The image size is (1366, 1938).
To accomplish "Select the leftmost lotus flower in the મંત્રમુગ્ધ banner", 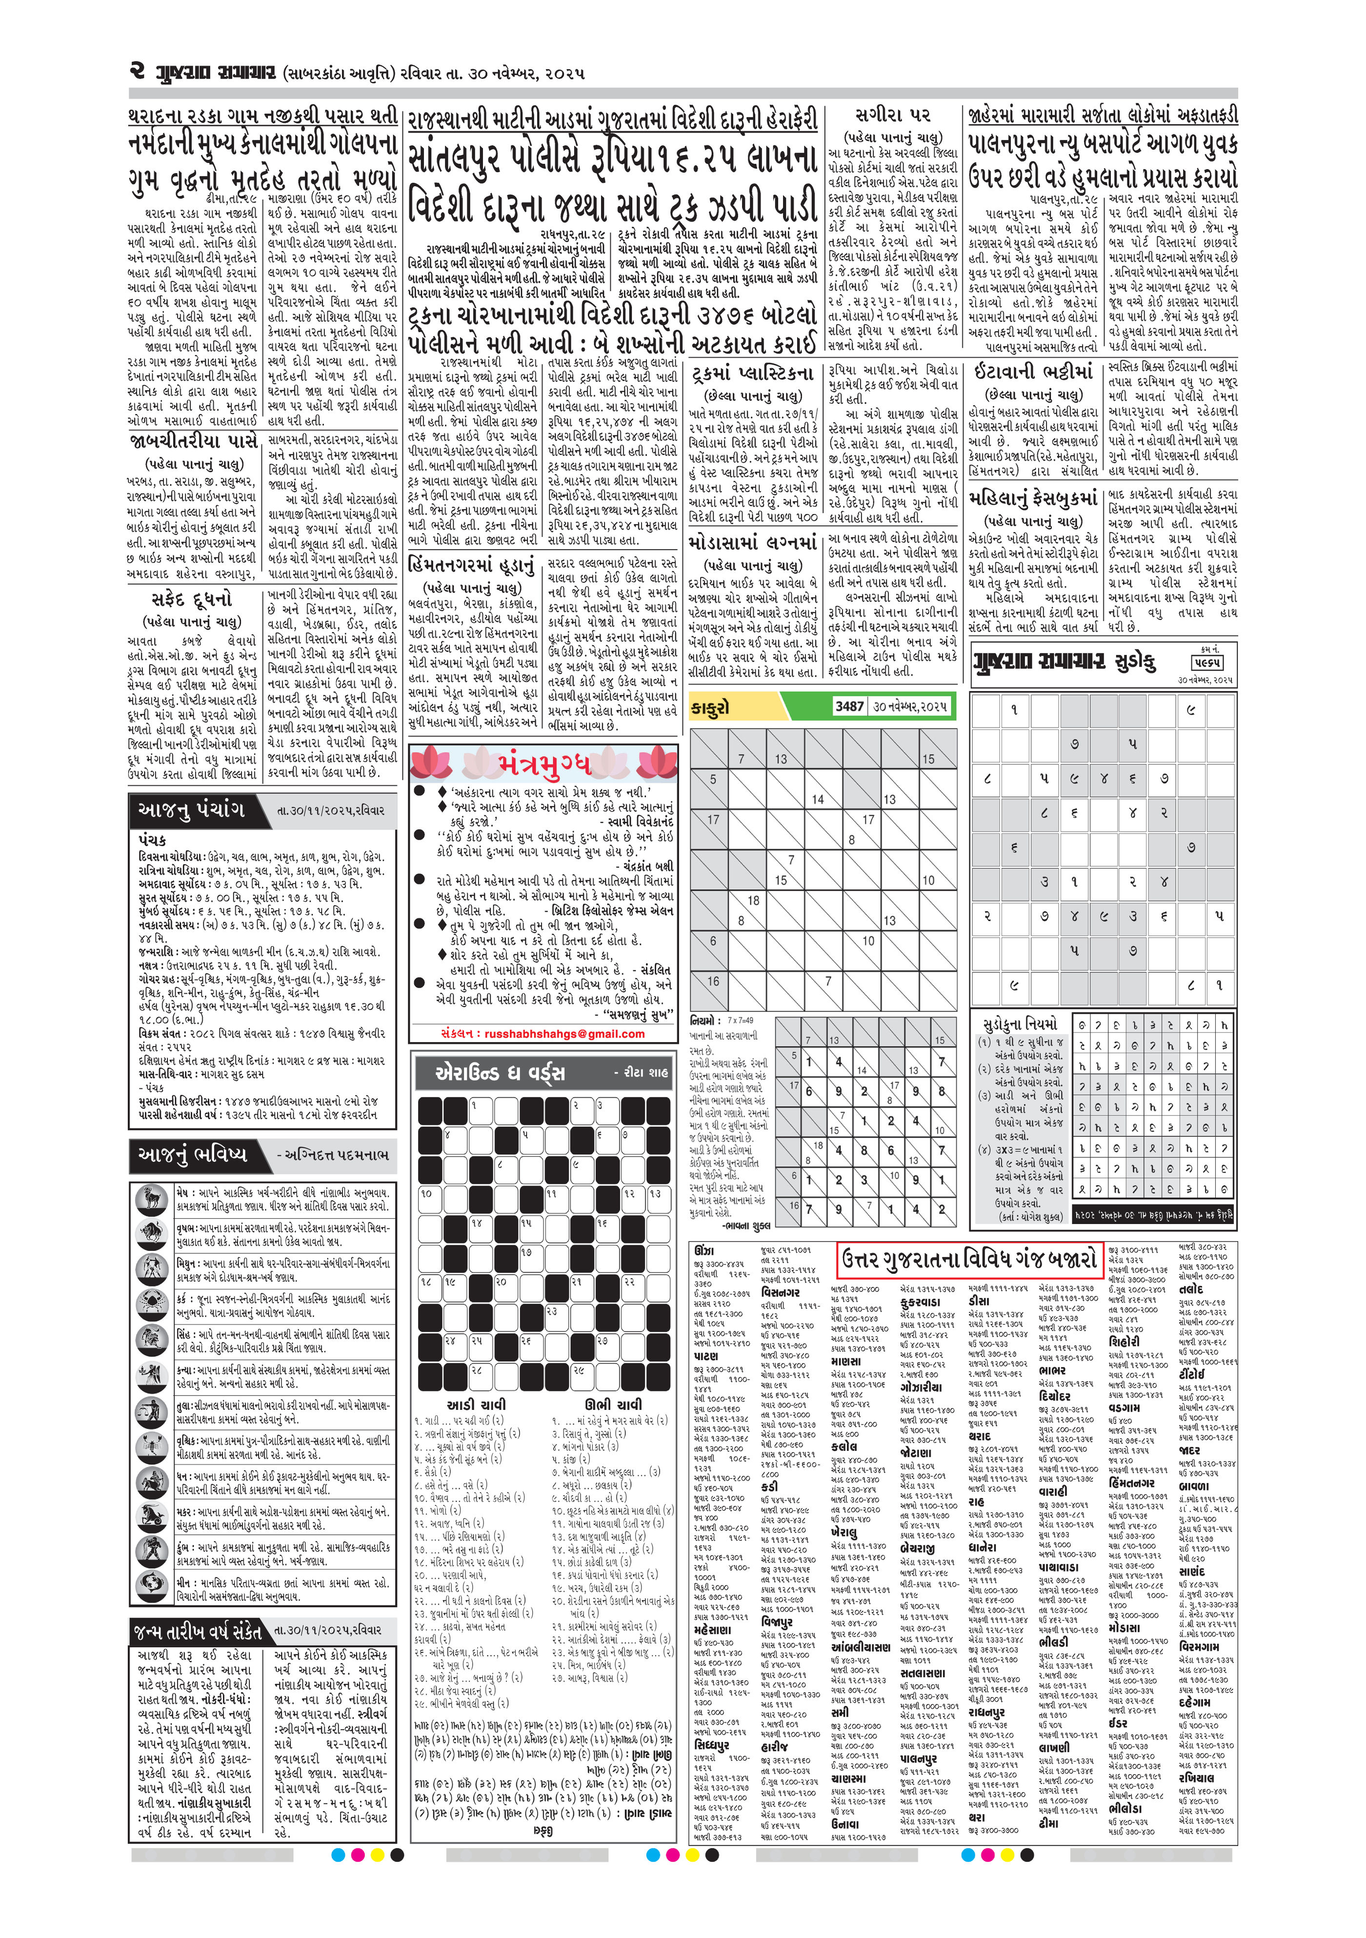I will coord(431,763).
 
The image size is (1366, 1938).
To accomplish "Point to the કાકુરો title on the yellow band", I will coord(709,707).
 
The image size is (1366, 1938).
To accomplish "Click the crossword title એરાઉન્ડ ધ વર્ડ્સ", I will coord(499,1073).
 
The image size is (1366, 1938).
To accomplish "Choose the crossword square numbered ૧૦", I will coord(428,1194).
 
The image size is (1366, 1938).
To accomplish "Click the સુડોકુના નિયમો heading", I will coord(1019,1025).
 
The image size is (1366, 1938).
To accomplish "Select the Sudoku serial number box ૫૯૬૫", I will coord(1208,663).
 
